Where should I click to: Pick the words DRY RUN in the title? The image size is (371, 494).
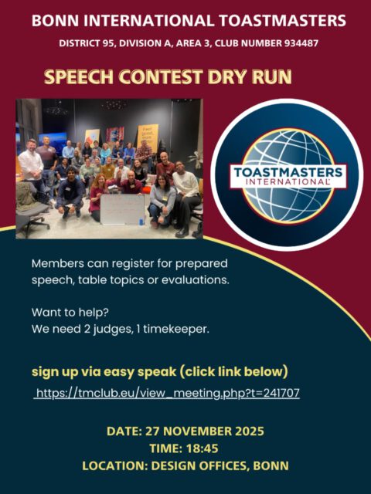point(254,79)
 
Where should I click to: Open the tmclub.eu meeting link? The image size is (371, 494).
point(166,393)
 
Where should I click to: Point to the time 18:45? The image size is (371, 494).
point(203,447)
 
